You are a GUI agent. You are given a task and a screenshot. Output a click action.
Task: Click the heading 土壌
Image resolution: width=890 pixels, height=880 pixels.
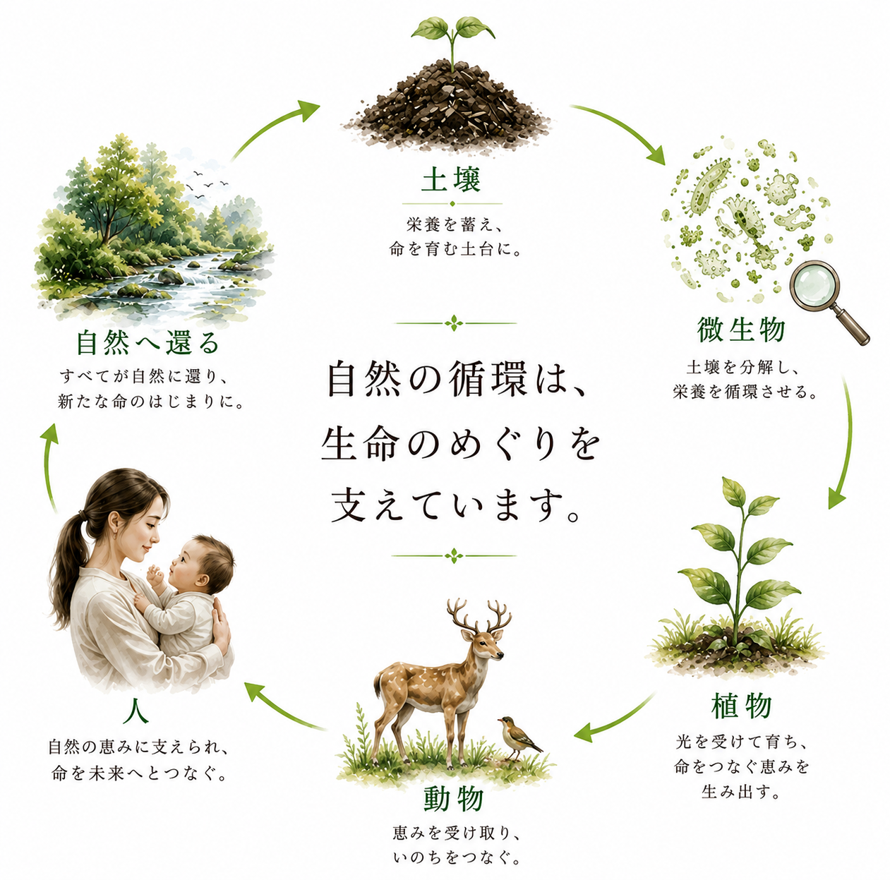[x=451, y=180]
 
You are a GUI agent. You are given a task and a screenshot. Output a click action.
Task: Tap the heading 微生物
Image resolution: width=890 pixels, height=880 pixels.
[x=741, y=330]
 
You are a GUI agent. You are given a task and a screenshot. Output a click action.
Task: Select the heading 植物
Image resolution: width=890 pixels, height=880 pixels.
[x=741, y=706]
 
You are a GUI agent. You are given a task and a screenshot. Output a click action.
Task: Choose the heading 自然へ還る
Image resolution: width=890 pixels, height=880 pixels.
[x=148, y=342]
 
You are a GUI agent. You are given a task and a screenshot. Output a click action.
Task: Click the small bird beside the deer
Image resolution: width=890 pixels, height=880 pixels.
[x=519, y=738]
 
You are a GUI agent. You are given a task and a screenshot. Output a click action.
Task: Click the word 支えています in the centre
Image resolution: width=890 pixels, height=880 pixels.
[x=455, y=506]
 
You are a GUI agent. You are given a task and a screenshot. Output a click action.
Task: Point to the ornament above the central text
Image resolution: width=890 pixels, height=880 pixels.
[x=455, y=323]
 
